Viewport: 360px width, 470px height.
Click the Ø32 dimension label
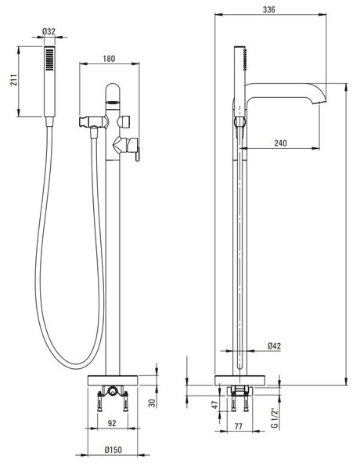coord(49,31)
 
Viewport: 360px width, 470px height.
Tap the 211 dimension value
coord(14,80)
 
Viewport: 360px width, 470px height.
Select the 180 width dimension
coord(109,59)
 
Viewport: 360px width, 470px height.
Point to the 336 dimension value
coord(269,9)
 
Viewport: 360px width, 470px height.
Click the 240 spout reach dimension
coord(281,143)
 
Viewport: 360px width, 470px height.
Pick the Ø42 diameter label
coord(275,346)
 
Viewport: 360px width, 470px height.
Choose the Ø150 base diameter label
coord(113,450)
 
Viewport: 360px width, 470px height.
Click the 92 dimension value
coord(112,423)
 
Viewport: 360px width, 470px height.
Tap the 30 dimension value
coord(153,403)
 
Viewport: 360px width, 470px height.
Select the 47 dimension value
coord(214,405)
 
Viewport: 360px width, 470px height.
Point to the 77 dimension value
coord(238,426)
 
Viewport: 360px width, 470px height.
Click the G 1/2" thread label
coord(275,418)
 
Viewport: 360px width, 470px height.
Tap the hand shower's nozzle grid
coord(50,60)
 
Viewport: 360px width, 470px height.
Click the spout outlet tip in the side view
coord(319,103)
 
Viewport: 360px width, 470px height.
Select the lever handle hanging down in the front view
coord(138,154)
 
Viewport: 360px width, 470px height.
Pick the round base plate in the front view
coord(113,381)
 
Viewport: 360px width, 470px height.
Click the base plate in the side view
coord(240,381)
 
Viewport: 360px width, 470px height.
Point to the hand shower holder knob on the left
coord(84,121)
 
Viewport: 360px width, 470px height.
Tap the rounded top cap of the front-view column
coord(113,90)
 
